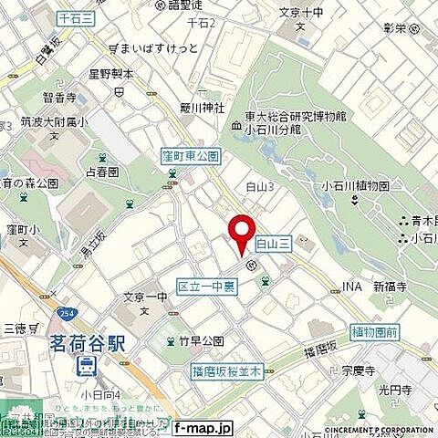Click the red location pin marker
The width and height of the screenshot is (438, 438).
(x=241, y=233)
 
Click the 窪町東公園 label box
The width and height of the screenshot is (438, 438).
(x=189, y=156)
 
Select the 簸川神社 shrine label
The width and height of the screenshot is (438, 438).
(x=202, y=107)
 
